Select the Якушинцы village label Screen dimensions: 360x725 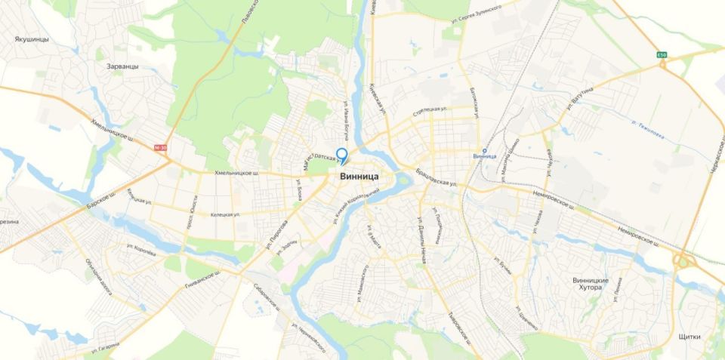32,38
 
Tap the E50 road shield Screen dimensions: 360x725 662,55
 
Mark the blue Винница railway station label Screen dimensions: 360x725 485,155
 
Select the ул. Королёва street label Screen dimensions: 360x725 142,251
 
